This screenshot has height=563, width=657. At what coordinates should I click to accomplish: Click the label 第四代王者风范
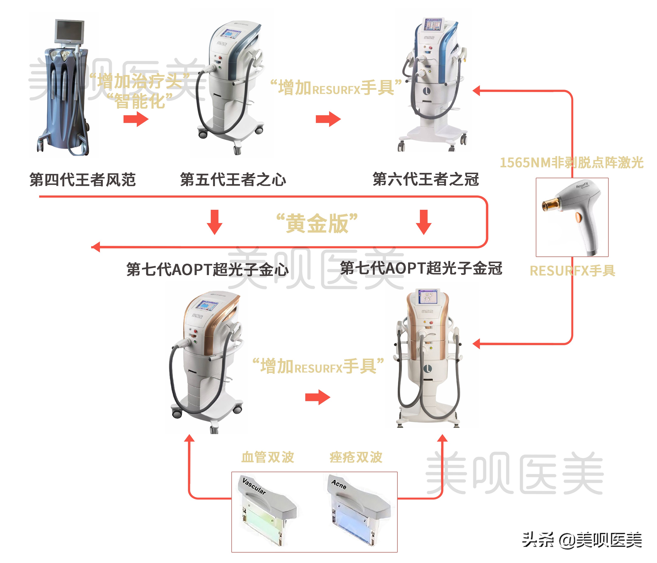(82, 180)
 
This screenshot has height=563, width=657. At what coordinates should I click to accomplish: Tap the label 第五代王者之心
(233, 180)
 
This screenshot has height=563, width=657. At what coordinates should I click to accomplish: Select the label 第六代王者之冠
(425, 179)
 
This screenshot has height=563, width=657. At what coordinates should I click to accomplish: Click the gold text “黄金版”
(317, 223)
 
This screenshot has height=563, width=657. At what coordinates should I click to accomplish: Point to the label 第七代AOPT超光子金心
(207, 269)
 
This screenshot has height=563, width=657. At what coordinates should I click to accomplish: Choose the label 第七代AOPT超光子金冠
(421, 268)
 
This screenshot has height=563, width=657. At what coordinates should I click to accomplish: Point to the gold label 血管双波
(268, 457)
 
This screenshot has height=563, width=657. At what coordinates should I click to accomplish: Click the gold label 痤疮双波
(356, 457)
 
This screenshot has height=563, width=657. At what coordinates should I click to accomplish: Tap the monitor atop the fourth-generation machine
(70, 31)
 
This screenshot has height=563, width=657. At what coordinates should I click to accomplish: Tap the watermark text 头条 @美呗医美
(582, 540)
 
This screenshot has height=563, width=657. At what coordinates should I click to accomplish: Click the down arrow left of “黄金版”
(215, 222)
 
